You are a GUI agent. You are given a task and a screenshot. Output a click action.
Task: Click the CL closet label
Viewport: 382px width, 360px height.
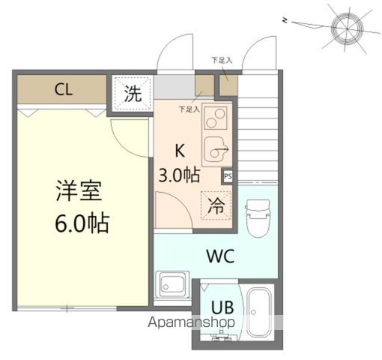pyautogui.click(x=64, y=90)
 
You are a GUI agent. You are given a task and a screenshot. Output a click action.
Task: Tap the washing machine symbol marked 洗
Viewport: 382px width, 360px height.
pyautogui.click(x=132, y=94)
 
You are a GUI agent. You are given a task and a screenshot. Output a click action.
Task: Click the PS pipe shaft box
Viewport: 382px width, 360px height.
pyautogui.click(x=227, y=177)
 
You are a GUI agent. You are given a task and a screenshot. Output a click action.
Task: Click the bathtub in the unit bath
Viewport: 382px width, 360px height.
pyautogui.click(x=260, y=313)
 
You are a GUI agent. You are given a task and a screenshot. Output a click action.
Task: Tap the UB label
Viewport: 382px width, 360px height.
pyautogui.click(x=222, y=307)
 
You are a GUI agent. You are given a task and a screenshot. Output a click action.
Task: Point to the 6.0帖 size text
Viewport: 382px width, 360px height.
pyautogui.click(x=81, y=223)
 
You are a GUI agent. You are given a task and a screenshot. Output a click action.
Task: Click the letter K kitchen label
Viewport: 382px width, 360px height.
pyautogui.click(x=180, y=148)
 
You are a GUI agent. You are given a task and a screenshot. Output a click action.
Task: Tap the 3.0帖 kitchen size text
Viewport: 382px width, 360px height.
pyautogui.click(x=178, y=175)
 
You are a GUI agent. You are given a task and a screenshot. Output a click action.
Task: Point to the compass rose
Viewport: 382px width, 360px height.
pyautogui.click(x=346, y=27)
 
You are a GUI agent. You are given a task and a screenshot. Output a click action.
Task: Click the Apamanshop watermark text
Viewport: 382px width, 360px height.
pyautogui.click(x=193, y=322)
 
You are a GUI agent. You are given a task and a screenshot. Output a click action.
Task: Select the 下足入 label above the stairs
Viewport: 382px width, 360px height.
pyautogui.click(x=222, y=59)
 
